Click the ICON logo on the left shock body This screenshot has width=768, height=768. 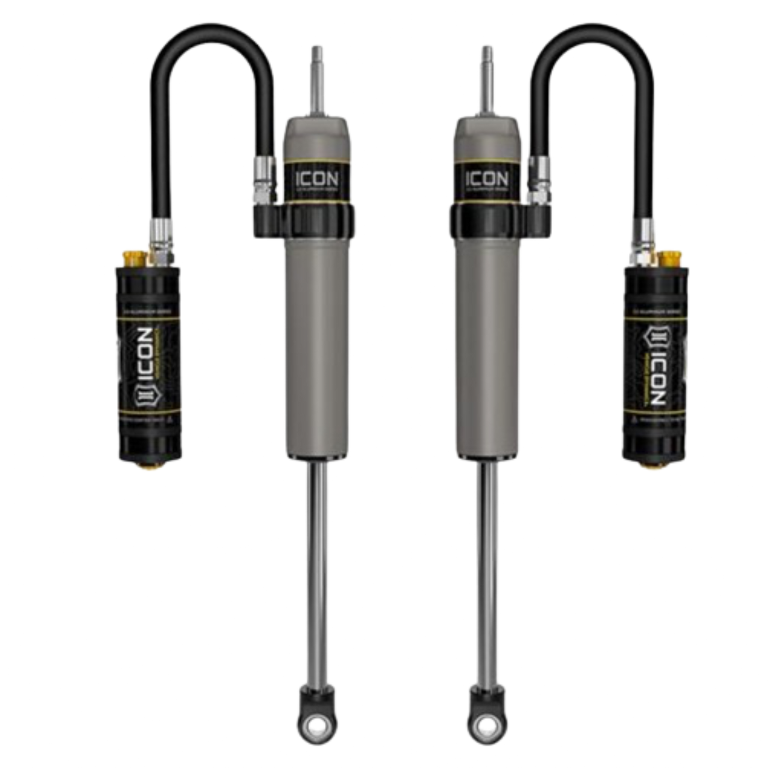click(316, 179)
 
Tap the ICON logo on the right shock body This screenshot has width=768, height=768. click(487, 179)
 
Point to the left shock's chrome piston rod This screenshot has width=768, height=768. click(317, 574)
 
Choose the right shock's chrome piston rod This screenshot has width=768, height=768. click(486, 574)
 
